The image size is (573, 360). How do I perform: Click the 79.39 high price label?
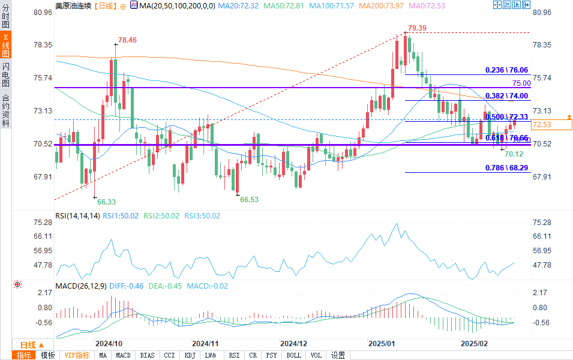[417, 28]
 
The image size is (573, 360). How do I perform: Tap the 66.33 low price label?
[106, 202]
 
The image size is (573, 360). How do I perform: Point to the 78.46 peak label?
[127, 40]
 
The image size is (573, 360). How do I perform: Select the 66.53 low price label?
[249, 199]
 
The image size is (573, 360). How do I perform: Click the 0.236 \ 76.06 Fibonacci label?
[506, 70]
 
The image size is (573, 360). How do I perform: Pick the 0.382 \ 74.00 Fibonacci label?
[506, 95]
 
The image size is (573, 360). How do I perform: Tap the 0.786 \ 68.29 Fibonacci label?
[506, 169]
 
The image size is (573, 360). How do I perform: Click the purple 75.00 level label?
[521, 83]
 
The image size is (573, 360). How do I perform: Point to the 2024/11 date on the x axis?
[205, 343]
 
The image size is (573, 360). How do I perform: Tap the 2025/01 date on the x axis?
[381, 343]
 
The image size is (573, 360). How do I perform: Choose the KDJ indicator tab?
[190, 355]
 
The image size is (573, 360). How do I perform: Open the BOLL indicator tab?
[294, 355]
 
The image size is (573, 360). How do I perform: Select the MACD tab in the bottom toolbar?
[123, 355]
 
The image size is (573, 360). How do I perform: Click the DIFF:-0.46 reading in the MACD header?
[127, 286]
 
